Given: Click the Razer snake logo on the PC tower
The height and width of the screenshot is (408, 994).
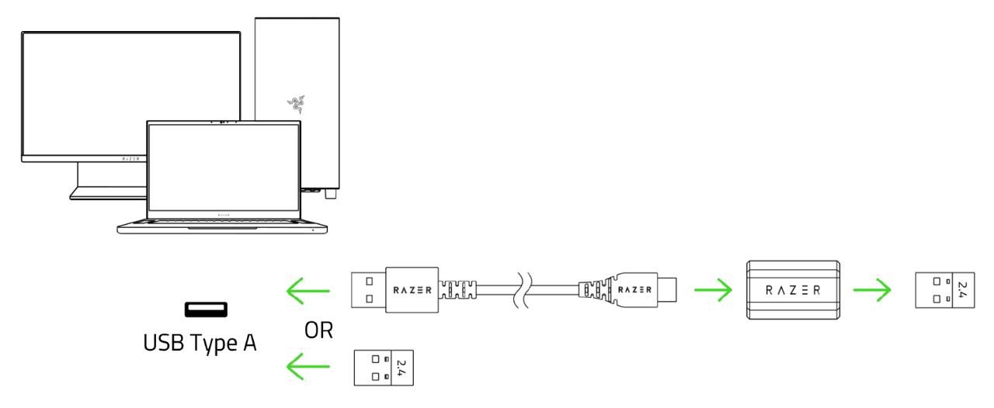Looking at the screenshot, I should point(295,104).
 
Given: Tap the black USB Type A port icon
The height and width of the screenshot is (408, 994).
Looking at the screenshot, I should point(206,309).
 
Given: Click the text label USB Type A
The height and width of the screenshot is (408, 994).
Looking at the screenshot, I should point(200,342).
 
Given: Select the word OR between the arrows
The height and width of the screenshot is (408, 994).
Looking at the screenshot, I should point(318,330).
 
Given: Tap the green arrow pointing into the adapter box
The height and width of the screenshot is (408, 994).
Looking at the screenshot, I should point(712,292).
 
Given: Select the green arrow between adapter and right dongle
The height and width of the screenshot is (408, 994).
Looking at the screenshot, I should point(871,292).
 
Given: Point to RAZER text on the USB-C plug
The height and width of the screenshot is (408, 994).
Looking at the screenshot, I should point(634,290).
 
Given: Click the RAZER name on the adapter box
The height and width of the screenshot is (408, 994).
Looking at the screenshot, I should point(793,290).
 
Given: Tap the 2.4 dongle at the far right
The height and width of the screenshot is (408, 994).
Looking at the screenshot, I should point(944,291).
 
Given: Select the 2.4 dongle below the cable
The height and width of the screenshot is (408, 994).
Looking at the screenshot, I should point(384,366).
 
